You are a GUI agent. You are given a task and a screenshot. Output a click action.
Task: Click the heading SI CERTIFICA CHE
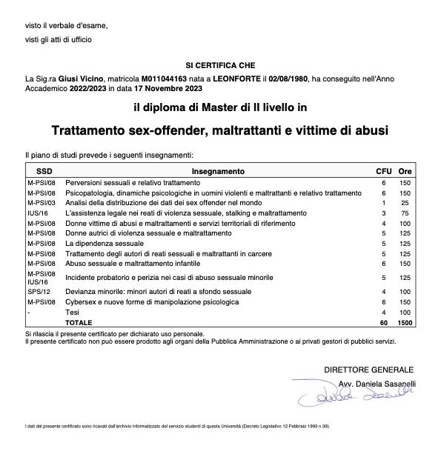(220, 65)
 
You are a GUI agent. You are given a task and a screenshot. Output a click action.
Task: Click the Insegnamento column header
(218, 171)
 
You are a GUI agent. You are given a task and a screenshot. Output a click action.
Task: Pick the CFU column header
(384, 171)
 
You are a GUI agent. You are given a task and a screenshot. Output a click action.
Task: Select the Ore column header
(405, 171)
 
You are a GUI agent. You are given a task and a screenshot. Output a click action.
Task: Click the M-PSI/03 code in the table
(42, 202)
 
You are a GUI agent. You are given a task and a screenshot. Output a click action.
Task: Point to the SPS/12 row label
(37, 292)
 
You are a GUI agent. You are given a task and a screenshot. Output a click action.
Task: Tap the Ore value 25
(405, 202)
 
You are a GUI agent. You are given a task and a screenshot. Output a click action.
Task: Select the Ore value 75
(405, 213)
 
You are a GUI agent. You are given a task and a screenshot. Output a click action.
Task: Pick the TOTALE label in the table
(79, 323)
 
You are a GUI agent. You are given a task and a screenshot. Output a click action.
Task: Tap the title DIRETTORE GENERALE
(368, 369)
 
